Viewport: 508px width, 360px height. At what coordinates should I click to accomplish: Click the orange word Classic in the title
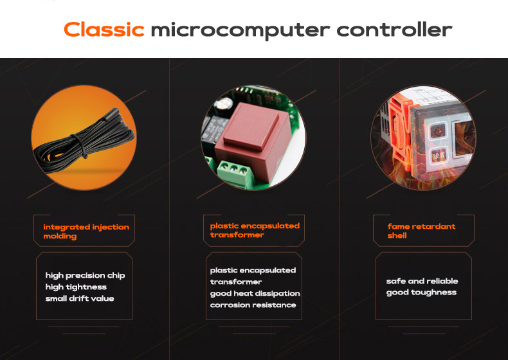point(104,29)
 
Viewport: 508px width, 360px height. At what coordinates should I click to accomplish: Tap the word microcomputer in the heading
point(240,31)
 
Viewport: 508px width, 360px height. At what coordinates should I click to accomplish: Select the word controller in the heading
point(394,30)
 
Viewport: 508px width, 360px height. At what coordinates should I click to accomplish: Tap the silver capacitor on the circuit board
point(224,105)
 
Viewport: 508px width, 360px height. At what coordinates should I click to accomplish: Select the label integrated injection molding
point(86,231)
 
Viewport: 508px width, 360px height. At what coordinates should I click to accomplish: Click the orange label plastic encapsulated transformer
point(255,230)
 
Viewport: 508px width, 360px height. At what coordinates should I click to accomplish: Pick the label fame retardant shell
point(421,231)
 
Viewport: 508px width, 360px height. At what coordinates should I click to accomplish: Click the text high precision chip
point(86,275)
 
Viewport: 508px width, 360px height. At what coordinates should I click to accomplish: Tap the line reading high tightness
point(76,287)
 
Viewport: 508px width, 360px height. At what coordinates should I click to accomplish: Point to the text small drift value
point(80,298)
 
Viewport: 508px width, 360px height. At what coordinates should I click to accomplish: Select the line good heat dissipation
point(255,294)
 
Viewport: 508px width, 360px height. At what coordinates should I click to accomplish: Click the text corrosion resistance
point(253,305)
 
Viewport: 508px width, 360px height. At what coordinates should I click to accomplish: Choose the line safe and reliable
point(422,281)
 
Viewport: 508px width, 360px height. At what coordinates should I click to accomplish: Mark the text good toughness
point(421,292)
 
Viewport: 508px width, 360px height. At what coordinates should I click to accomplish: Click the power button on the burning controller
point(439,132)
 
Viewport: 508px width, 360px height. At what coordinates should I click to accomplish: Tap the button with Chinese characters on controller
point(440,156)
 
